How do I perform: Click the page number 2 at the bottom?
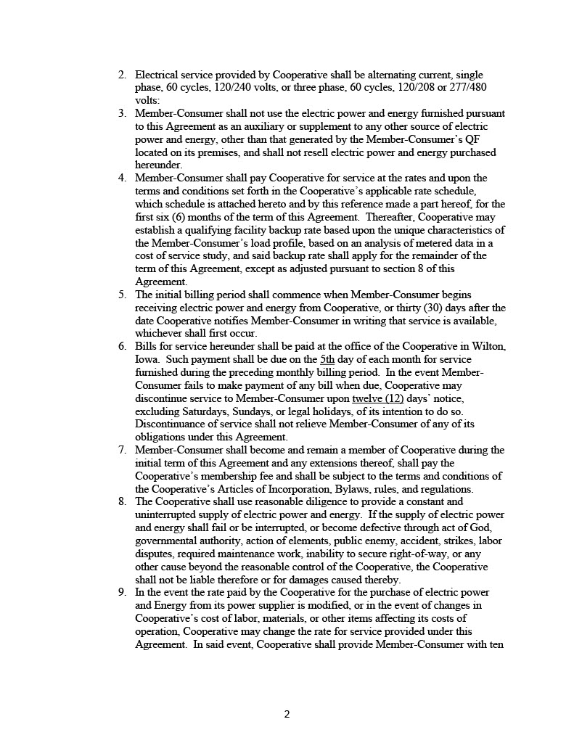pyautogui.click(x=287, y=714)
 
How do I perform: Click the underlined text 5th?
pyautogui.click(x=327, y=359)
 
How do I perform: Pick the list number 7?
pyautogui.click(x=123, y=451)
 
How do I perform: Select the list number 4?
pyautogui.click(x=123, y=178)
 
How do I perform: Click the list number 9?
pyautogui.click(x=123, y=593)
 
